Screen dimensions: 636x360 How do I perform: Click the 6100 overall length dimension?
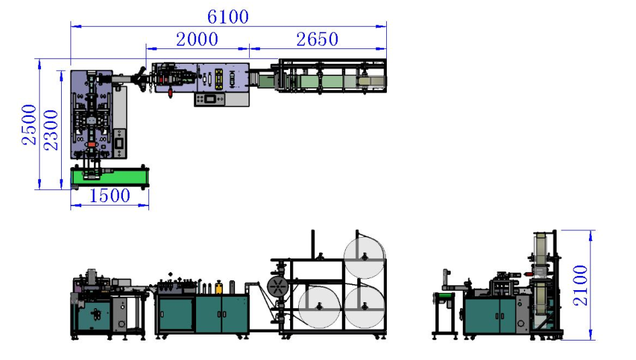228,17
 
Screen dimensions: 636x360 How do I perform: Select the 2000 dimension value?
197,40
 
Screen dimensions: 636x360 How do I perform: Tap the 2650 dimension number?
317,40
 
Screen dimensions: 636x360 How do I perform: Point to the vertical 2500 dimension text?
29,125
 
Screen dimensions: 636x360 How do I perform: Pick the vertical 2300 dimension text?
51,130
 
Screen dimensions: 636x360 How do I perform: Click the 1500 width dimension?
109,195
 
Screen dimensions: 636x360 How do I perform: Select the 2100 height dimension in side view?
580,285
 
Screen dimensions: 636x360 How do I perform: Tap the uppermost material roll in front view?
364,257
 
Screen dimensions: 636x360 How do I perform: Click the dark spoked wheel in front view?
278,287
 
